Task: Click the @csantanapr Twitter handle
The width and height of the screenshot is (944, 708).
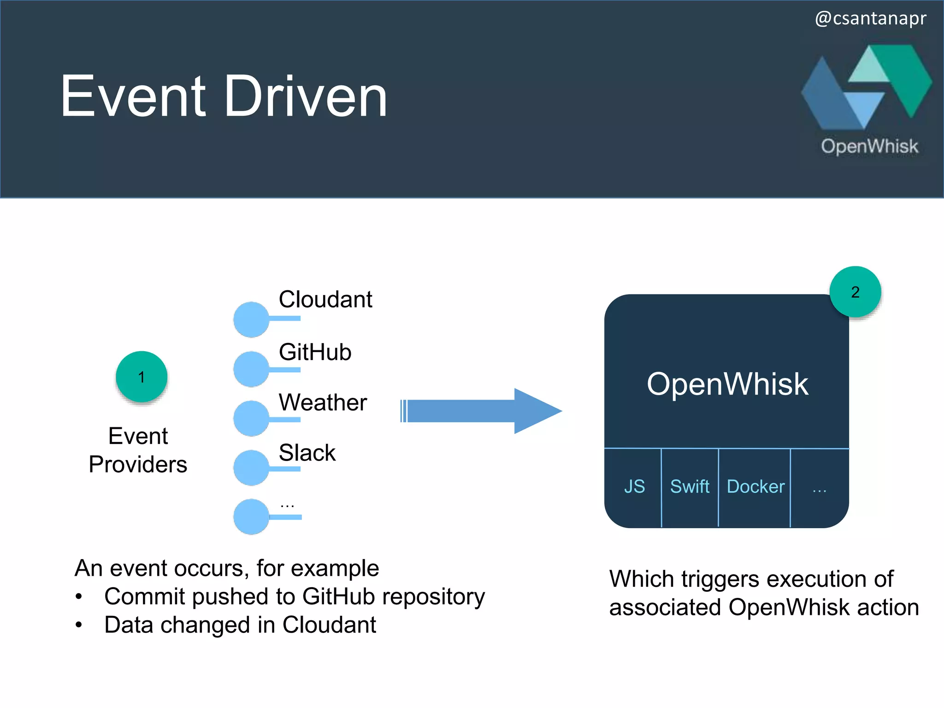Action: [870, 18]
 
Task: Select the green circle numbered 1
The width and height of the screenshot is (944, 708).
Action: [142, 377]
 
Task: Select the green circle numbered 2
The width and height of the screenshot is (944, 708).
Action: [855, 292]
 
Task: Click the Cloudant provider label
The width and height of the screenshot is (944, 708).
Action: [325, 300]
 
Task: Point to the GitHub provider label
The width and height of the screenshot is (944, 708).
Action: [315, 352]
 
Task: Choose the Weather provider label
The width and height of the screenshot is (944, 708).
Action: [323, 402]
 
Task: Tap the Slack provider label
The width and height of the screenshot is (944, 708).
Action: [307, 453]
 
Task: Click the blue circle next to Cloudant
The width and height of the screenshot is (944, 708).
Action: [251, 319]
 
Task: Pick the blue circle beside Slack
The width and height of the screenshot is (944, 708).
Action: [251, 468]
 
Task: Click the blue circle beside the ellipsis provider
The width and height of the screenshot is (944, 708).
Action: [251, 517]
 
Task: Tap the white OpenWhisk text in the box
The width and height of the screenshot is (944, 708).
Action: [727, 384]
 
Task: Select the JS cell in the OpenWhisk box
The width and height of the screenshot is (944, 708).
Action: [634, 487]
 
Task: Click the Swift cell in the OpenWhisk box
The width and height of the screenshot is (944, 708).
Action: [690, 487]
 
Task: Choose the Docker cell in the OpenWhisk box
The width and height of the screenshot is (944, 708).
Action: [755, 487]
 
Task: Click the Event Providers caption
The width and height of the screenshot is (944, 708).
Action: [138, 450]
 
